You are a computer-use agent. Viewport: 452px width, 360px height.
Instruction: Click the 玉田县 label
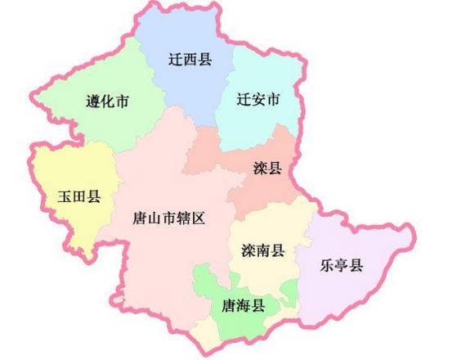coord(78,197)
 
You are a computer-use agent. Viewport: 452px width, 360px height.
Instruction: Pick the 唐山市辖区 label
coord(168,218)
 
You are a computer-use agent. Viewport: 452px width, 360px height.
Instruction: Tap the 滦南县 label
coord(262,250)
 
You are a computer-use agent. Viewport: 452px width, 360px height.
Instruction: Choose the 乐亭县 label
coord(341,265)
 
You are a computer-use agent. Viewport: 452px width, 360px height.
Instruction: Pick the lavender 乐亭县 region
coord(360,237)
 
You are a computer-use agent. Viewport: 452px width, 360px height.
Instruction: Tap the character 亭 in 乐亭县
coord(341,265)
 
